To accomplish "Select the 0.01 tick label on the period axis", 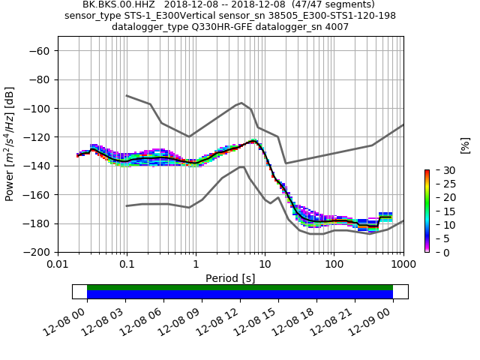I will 58,265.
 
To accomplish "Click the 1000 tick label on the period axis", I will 403,265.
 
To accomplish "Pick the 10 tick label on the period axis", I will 265,265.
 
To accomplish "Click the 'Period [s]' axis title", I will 230,277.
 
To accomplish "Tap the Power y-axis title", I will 10,144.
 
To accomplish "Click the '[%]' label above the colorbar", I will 465,144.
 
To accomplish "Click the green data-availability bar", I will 240,287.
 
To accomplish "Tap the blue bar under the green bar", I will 240,295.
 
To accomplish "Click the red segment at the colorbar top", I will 427,172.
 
